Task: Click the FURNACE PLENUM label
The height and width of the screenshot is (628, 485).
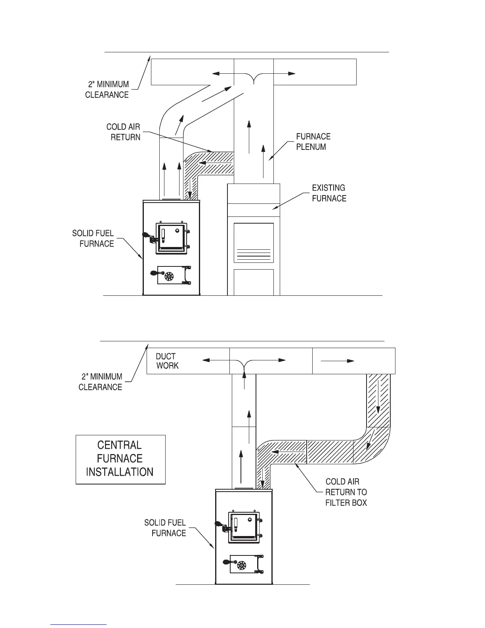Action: (x=313, y=142)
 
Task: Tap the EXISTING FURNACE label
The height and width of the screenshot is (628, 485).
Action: (x=329, y=193)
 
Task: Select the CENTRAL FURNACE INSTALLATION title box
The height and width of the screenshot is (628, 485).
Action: (x=120, y=459)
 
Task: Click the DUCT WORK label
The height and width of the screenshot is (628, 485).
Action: (x=167, y=361)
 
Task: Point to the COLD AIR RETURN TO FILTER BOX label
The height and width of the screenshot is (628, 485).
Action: (x=346, y=492)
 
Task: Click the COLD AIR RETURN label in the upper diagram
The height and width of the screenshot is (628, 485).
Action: (x=123, y=132)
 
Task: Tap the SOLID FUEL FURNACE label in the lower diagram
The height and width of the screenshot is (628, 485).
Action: (x=165, y=528)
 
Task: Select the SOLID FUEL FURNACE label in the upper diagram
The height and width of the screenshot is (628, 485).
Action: (x=93, y=238)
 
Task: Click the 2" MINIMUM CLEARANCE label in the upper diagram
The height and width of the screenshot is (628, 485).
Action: (x=107, y=89)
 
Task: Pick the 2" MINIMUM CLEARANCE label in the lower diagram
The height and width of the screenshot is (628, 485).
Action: (x=100, y=382)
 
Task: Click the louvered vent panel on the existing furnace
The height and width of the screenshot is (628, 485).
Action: (x=254, y=243)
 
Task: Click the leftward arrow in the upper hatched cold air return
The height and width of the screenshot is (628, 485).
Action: (x=216, y=162)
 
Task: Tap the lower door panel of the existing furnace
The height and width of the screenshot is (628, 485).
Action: (x=254, y=282)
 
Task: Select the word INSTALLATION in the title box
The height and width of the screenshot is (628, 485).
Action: (x=120, y=472)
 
